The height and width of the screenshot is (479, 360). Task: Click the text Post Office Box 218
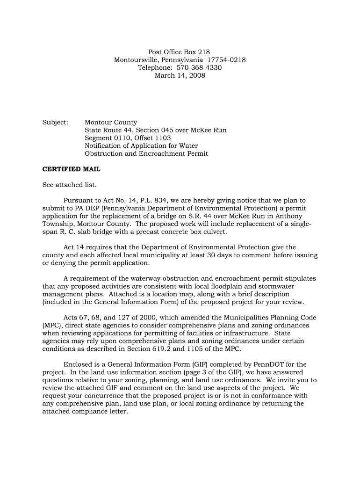[x=180, y=52]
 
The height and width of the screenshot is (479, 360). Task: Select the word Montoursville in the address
[x=136, y=60]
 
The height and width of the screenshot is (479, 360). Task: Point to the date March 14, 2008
[x=180, y=76]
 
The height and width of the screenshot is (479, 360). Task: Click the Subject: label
[x=55, y=123]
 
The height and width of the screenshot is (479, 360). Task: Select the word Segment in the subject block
[x=98, y=138]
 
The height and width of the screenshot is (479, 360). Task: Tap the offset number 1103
[x=161, y=138]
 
